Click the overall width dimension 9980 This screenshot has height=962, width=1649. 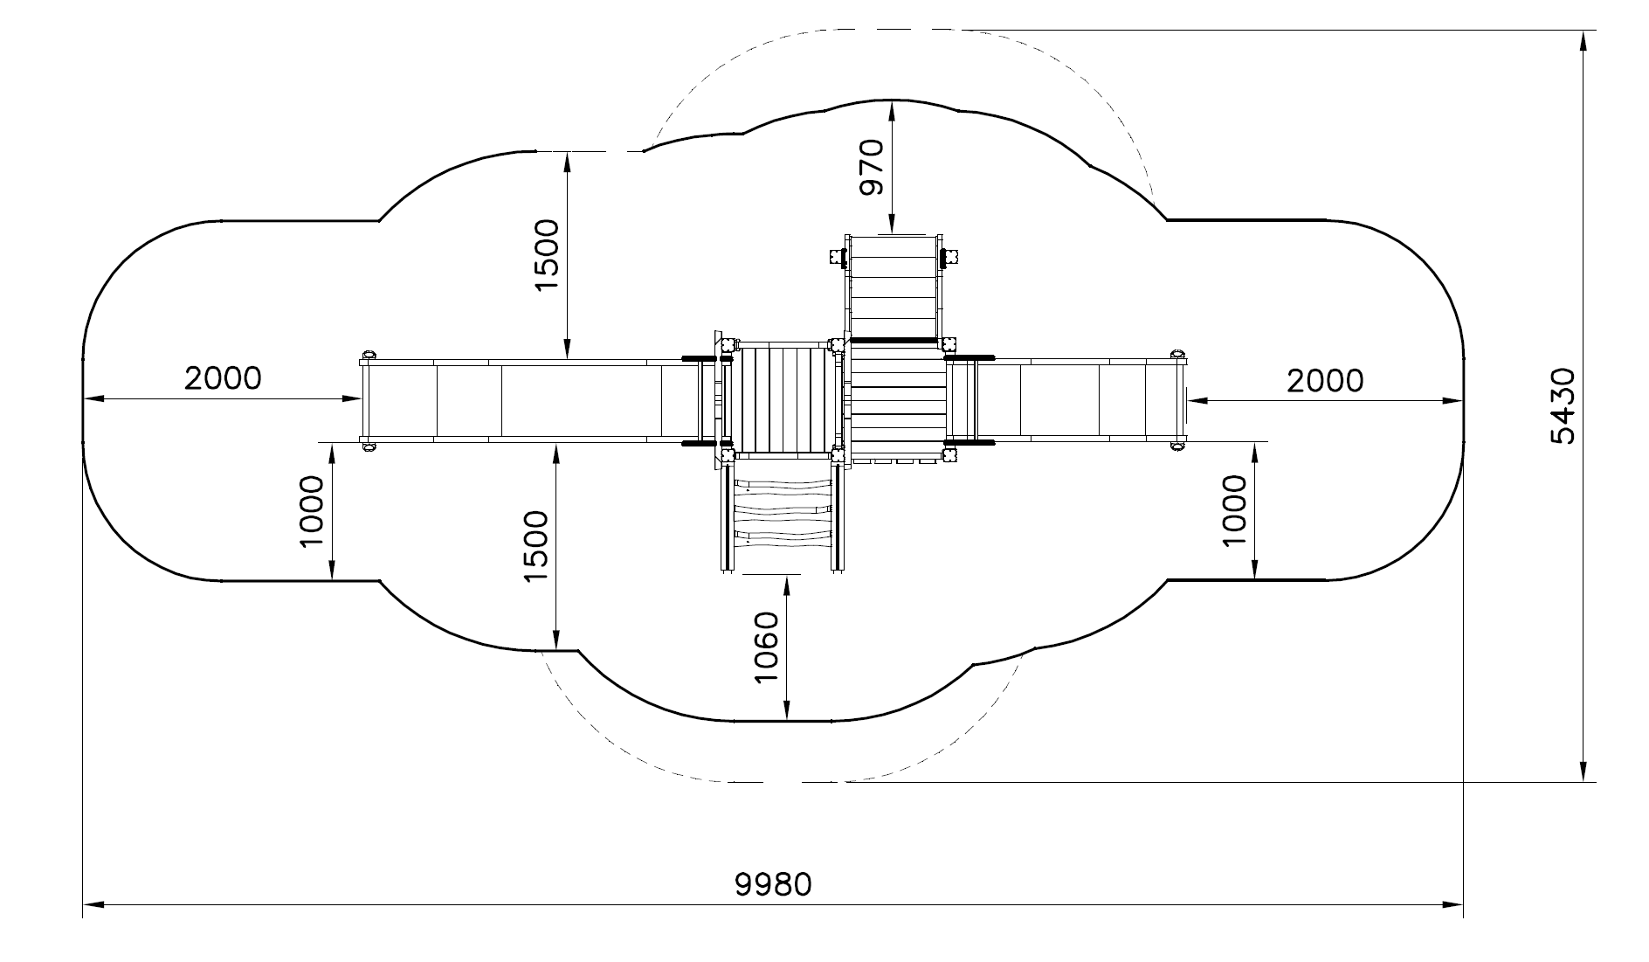[x=773, y=883]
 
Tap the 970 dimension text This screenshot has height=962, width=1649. [x=871, y=167]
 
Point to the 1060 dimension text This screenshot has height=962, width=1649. [x=765, y=647]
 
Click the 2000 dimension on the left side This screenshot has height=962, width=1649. [x=223, y=377]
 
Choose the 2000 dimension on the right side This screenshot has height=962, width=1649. [x=1324, y=380]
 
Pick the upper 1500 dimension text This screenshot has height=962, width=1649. [x=547, y=255]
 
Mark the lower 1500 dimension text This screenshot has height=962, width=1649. [x=535, y=547]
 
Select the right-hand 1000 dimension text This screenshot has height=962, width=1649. [x=1234, y=511]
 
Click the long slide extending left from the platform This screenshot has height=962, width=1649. [x=524, y=401]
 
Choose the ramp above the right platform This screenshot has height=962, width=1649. [x=893, y=286]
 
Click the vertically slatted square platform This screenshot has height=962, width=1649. [x=783, y=399]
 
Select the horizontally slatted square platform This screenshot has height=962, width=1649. [x=898, y=398]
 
